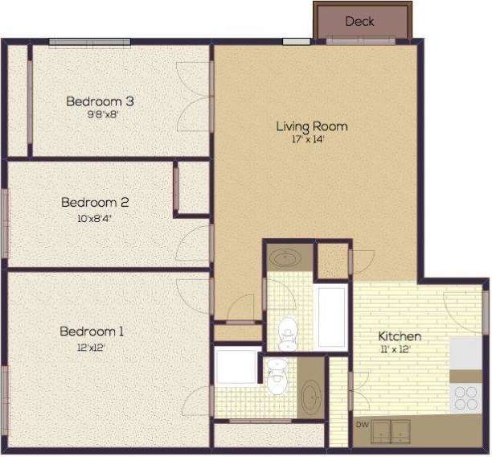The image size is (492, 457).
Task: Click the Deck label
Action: coord(359,22)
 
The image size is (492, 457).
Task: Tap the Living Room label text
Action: coord(312,126)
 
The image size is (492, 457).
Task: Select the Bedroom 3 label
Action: coord(100,101)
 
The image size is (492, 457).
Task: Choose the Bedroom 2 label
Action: coord(95,204)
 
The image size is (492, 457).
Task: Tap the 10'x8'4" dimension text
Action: coord(95,217)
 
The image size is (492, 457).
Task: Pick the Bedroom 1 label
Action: coord(92,331)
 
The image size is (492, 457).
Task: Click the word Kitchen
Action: coord(400,336)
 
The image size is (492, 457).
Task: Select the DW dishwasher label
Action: coord(363,425)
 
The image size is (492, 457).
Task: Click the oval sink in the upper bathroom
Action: coord(284,259)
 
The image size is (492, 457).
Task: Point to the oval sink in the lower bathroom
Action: coord(310,397)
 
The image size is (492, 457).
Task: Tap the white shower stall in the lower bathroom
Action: coord(236,366)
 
